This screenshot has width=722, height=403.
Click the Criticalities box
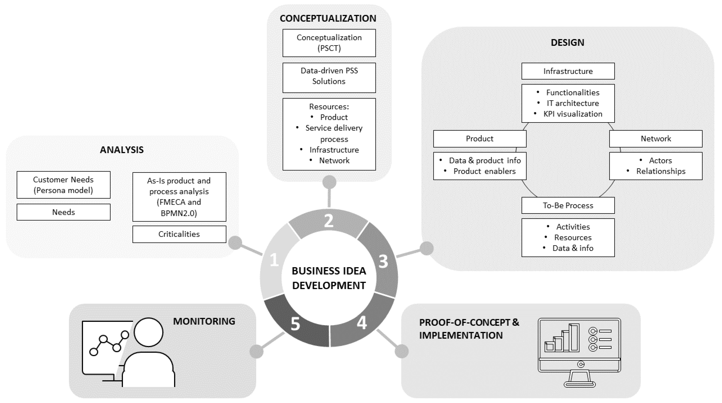coord(179,234)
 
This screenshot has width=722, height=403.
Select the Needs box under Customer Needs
coord(63,212)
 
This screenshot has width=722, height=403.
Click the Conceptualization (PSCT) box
coord(329,43)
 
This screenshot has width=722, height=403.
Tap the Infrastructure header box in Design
coord(568,71)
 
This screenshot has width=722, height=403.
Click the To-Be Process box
coord(568,205)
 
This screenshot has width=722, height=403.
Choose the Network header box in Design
coord(656,139)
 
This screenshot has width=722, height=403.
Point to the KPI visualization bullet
coord(573,114)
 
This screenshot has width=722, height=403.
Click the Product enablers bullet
coord(484,171)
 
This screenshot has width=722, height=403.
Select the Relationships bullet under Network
coord(661,171)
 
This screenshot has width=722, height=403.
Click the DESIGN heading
coord(567,43)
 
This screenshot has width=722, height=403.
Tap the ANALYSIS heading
coord(122,150)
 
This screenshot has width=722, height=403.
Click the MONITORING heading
coord(204,321)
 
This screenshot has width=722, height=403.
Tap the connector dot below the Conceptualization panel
coord(329,182)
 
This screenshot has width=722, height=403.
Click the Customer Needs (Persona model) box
coord(63,185)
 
